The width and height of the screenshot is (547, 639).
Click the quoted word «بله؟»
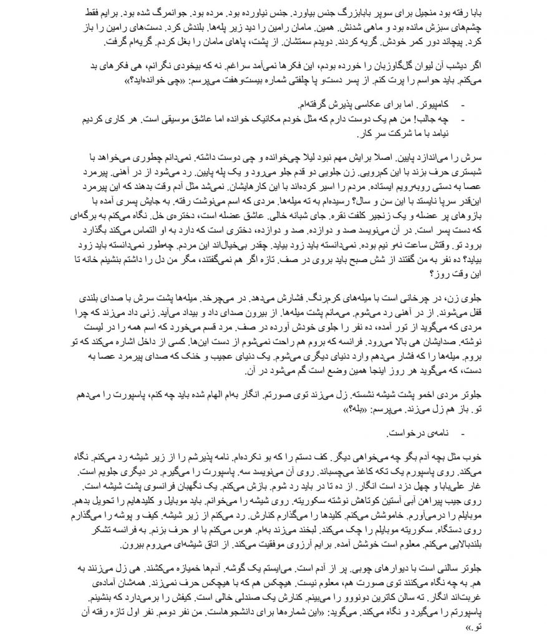pyautogui.click(x=334, y=411)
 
